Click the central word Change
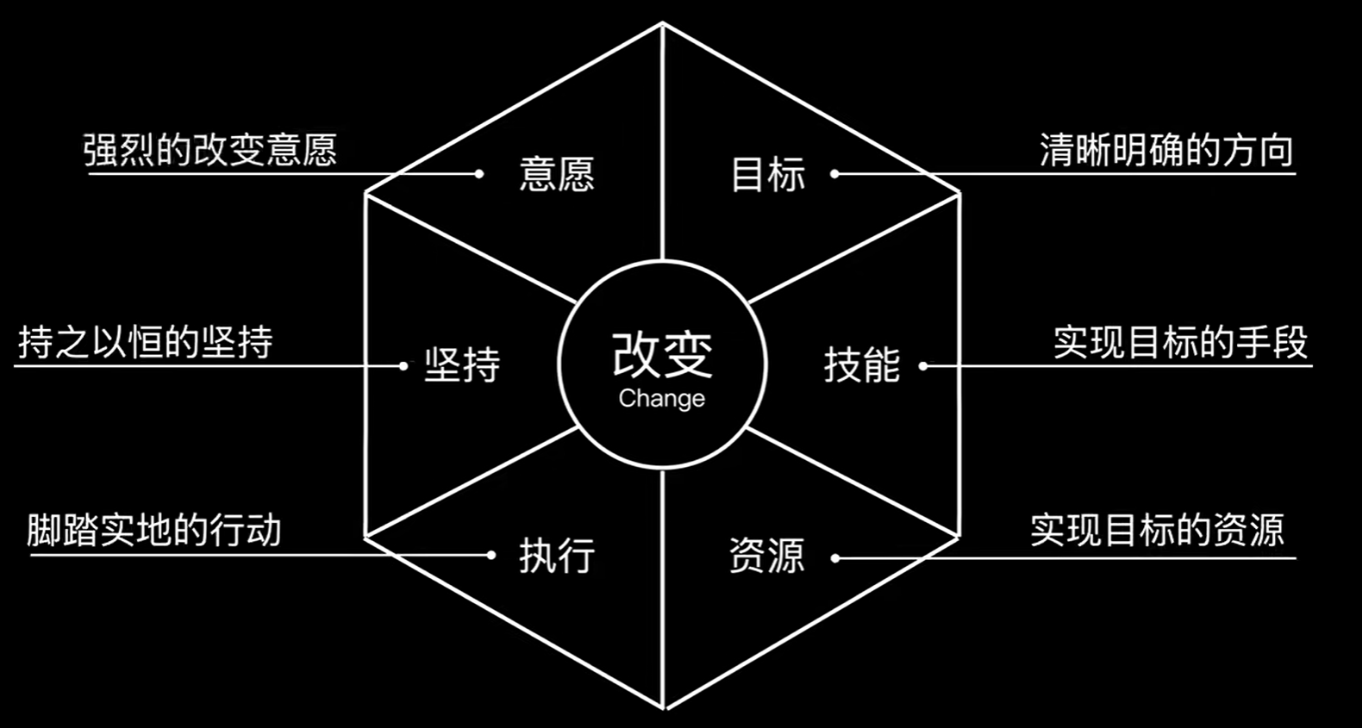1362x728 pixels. [661, 399]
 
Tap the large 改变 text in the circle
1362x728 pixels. [662, 354]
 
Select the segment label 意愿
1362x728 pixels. [557, 174]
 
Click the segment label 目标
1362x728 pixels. [767, 174]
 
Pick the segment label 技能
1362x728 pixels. [861, 365]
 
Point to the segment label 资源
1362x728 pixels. [766, 556]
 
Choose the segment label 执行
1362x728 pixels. [557, 556]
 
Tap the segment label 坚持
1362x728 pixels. [462, 365]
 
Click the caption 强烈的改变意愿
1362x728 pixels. [209, 150]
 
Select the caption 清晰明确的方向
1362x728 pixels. [1166, 150]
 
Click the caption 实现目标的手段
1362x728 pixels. [1180, 343]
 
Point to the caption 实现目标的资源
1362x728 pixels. [1157, 530]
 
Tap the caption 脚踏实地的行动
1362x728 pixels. [154, 530]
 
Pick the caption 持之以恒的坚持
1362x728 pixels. [146, 343]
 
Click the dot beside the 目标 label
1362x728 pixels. [834, 174]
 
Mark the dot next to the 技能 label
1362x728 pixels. [923, 366]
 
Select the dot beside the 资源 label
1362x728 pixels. [834, 558]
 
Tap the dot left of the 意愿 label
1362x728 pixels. [479, 174]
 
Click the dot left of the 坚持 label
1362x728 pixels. [403, 366]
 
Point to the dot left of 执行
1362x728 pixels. [491, 555]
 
